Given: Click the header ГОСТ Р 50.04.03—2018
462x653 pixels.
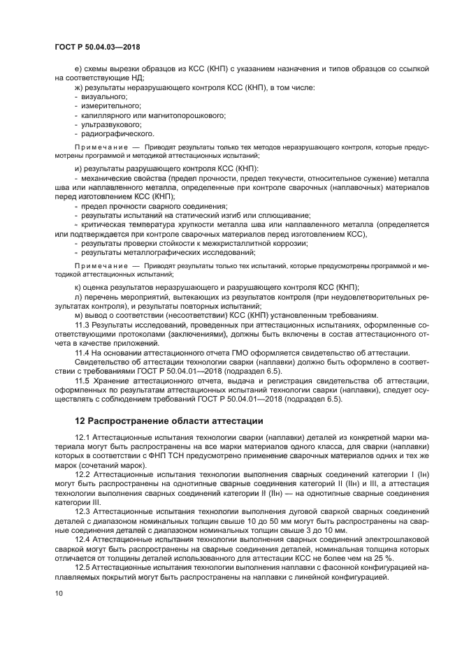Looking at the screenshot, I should pyautogui.click(x=97, y=46).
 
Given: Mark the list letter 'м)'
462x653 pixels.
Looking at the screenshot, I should pyautogui.click(x=79, y=316).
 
